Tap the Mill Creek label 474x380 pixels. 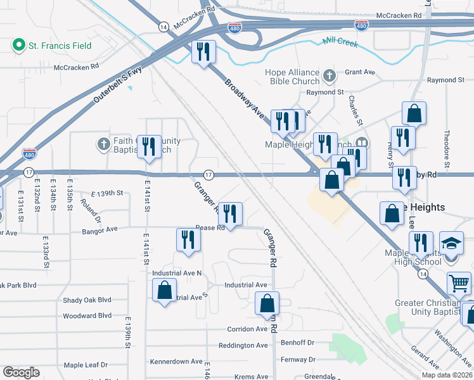pyautogui.click(x=340, y=44)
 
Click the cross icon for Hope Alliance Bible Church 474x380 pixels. pyautogui.click(x=329, y=77)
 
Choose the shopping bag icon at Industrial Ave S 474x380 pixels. pyautogui.click(x=164, y=290)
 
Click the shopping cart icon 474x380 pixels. pyautogui.click(x=459, y=283)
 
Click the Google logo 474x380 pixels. pyautogui.click(x=21, y=372)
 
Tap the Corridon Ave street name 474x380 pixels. pyautogui.click(x=248, y=329)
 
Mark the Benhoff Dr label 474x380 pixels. pyautogui.click(x=298, y=343)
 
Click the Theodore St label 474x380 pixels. pyautogui.click(x=447, y=149)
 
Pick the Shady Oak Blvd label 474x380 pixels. pyautogui.click(x=87, y=300)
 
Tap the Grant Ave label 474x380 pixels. pyautogui.click(x=357, y=72)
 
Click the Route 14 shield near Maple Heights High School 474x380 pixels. pyautogui.click(x=423, y=272)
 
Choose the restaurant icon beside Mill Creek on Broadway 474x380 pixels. pyautogui.click(x=203, y=52)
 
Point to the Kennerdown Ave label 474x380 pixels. pyautogui.click(x=176, y=362)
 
